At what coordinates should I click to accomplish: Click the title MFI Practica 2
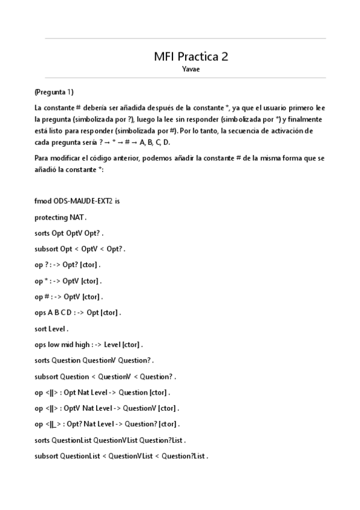pos(191,57)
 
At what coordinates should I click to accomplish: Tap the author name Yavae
pos(191,69)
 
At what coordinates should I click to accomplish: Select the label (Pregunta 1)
pos(54,92)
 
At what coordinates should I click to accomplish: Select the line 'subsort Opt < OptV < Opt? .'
pos(80,248)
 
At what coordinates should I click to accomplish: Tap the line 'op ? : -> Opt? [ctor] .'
pos(67,264)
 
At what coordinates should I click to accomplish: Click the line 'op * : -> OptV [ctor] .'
pos(68,280)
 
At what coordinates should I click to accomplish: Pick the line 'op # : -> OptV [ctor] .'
pos(69,296)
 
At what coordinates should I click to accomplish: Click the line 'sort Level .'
pos(52,328)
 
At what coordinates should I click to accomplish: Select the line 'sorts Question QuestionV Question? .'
pos(94,360)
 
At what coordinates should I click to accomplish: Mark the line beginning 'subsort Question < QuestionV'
pos(105,376)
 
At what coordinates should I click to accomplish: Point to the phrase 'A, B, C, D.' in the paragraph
pos(155,143)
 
